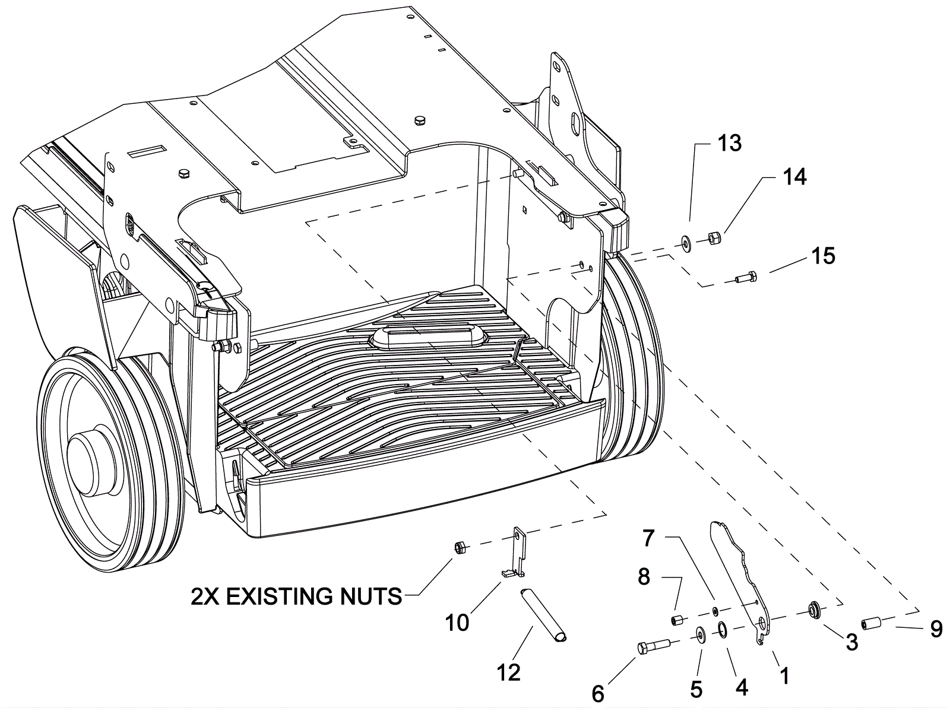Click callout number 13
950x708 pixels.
(x=729, y=143)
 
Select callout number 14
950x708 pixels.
(x=794, y=177)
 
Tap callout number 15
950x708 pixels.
(x=823, y=256)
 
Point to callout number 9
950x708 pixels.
(x=936, y=628)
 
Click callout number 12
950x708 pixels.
(x=509, y=672)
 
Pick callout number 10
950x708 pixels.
(x=457, y=623)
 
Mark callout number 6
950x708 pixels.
(x=598, y=693)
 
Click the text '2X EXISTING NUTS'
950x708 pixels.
(x=296, y=596)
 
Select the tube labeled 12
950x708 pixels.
(x=543, y=614)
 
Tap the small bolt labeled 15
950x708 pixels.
(x=746, y=277)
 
